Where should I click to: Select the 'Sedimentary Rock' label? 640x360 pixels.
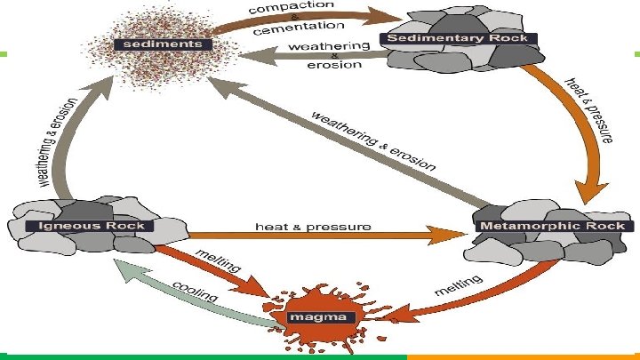pyautogui.click(x=458, y=38)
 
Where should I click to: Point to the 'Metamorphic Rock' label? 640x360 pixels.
pyautogui.click(x=553, y=226)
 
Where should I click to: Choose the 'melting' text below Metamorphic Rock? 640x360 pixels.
pyautogui.click(x=459, y=288)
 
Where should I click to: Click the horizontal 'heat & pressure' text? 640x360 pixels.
pyautogui.click(x=312, y=227)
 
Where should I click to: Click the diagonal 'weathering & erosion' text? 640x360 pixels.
pyautogui.click(x=372, y=140)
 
